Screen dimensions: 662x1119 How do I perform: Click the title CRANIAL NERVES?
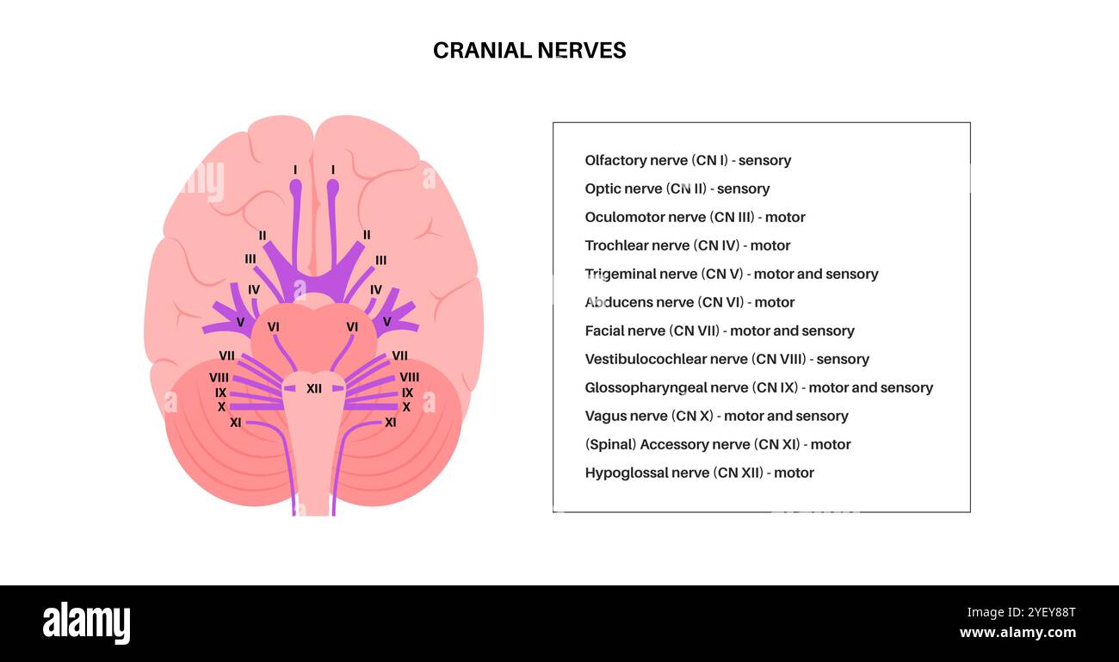[x=529, y=51]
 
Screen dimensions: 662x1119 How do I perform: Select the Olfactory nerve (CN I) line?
[x=687, y=160]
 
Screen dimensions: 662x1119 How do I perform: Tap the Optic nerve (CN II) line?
[x=677, y=189]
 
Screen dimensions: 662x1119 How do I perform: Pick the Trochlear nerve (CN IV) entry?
[x=687, y=245]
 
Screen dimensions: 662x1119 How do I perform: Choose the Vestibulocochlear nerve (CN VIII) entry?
[x=726, y=359]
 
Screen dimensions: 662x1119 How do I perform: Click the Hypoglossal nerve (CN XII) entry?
[x=699, y=473]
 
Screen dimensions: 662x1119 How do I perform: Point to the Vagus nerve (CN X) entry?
[x=716, y=416]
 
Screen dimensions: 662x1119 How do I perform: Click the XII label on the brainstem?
[x=314, y=389]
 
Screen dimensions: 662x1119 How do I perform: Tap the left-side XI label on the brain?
[x=236, y=423]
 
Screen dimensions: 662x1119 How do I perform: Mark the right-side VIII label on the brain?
[x=410, y=377]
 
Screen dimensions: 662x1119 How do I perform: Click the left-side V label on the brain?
[x=240, y=322]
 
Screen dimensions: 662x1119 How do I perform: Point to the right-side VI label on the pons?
[x=352, y=327]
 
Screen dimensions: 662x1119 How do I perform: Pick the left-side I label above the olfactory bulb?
[x=295, y=170]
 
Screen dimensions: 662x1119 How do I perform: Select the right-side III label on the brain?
[x=380, y=260]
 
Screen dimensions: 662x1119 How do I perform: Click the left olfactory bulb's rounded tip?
[x=295, y=187]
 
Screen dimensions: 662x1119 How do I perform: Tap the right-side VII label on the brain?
[x=399, y=356]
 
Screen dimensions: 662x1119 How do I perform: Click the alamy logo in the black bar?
[x=86, y=623]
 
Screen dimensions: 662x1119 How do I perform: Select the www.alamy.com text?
[x=1017, y=633]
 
